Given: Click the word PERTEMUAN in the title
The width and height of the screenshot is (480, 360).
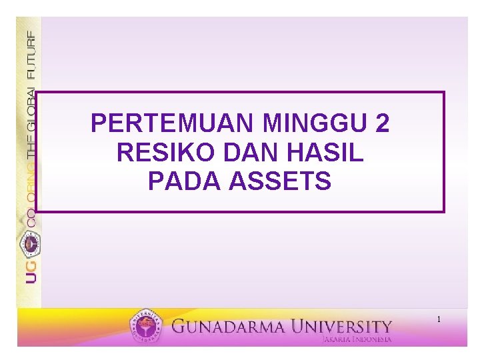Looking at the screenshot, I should click(x=173, y=123).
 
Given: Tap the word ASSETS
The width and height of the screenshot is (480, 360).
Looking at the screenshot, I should click(x=280, y=181).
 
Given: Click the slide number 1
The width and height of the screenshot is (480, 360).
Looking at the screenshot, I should click(x=439, y=320).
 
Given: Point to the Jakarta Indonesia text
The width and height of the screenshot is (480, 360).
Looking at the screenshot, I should click(x=356, y=339).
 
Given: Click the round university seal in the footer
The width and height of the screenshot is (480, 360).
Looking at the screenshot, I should click(x=146, y=327).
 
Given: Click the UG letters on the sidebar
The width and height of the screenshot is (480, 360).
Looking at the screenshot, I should click(x=31, y=273).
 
